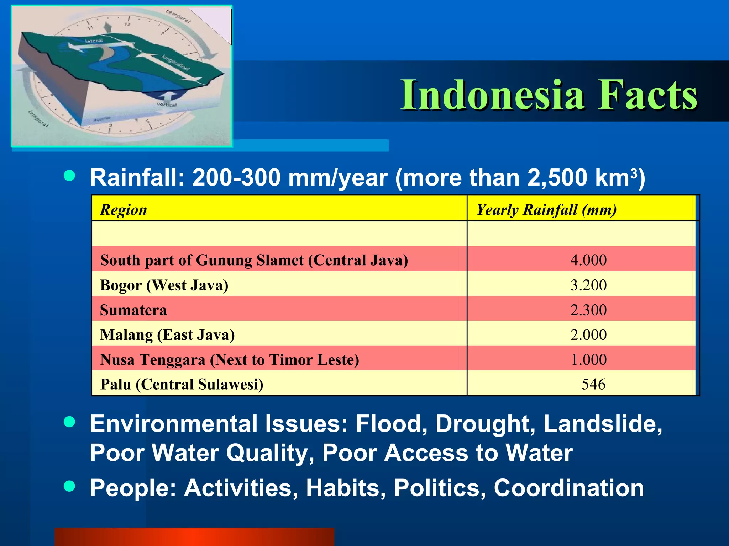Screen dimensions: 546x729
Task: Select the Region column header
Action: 124,210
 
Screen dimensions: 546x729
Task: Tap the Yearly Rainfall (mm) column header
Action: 546,210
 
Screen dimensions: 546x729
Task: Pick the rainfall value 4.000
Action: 588,260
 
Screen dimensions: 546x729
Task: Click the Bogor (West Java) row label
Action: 164,285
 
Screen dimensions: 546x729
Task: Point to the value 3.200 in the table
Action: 588,285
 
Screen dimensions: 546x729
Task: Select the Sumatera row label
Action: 133,310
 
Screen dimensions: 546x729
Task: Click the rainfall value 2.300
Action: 588,310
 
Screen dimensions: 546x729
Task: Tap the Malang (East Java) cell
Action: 167,335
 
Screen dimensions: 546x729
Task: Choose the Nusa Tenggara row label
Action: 229,360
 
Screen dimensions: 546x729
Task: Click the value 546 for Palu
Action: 593,384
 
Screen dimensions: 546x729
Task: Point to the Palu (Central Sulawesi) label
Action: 182,384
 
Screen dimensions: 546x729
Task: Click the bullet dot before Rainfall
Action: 69,175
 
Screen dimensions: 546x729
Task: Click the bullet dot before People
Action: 69,486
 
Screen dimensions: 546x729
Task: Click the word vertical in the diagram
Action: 167,105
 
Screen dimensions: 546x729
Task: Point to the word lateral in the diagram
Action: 94,41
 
